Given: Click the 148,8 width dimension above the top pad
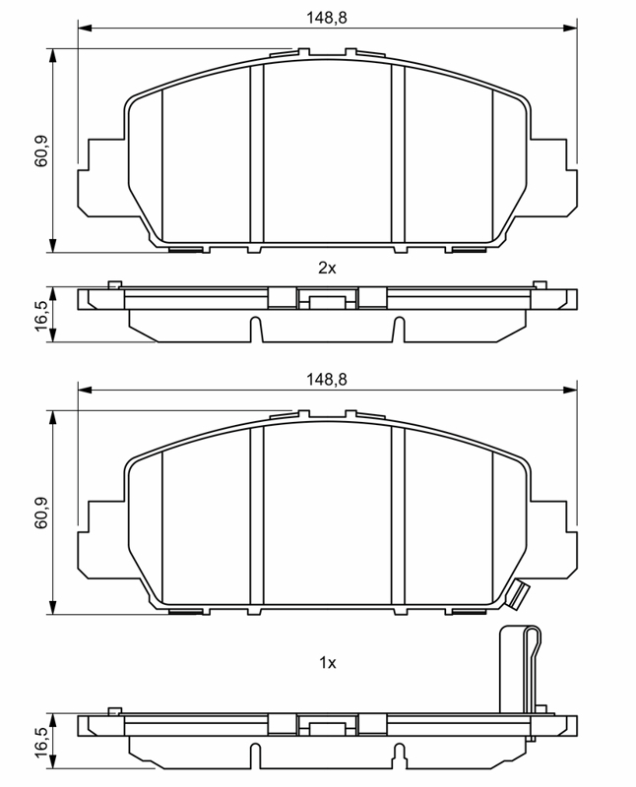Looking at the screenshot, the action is (x=327, y=18).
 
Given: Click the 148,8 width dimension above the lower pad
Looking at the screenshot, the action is (x=327, y=380).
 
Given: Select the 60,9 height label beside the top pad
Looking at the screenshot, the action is (x=40, y=151).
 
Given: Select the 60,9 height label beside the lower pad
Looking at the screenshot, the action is (x=40, y=513).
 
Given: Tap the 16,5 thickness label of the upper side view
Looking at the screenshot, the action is (x=40, y=315).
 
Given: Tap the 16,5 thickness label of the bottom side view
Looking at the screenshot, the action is (x=40, y=742).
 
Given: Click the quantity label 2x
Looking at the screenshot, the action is (x=327, y=268).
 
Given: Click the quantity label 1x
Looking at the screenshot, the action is (x=328, y=663).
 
